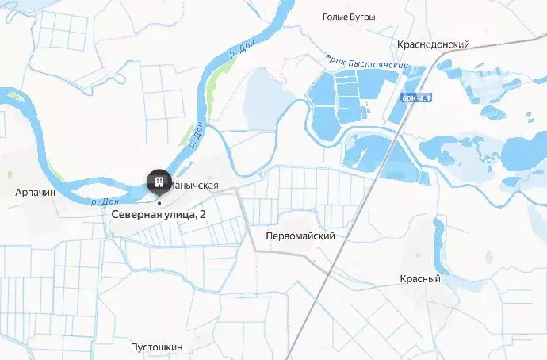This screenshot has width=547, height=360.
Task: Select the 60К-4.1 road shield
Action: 416,98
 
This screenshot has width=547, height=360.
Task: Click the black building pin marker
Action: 159,183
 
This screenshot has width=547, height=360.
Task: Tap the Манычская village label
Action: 194,186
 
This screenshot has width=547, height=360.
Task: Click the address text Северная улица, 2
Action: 158,214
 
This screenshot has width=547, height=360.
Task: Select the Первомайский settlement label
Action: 300,236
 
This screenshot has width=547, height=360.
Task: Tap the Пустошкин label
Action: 157,347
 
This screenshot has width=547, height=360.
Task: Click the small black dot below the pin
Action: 159,202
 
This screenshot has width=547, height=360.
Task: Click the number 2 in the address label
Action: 202,214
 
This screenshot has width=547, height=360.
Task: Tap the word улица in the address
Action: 175,214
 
